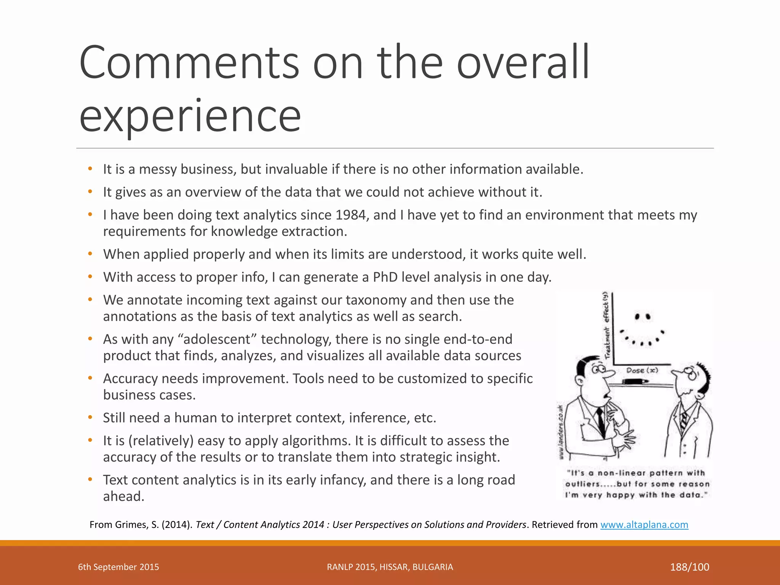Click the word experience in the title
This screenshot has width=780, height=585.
190,115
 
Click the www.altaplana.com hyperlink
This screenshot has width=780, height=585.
644,525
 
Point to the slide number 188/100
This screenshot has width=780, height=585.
689,567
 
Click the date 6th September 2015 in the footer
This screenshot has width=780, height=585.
118,567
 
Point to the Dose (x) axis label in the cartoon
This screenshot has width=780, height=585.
642,370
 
